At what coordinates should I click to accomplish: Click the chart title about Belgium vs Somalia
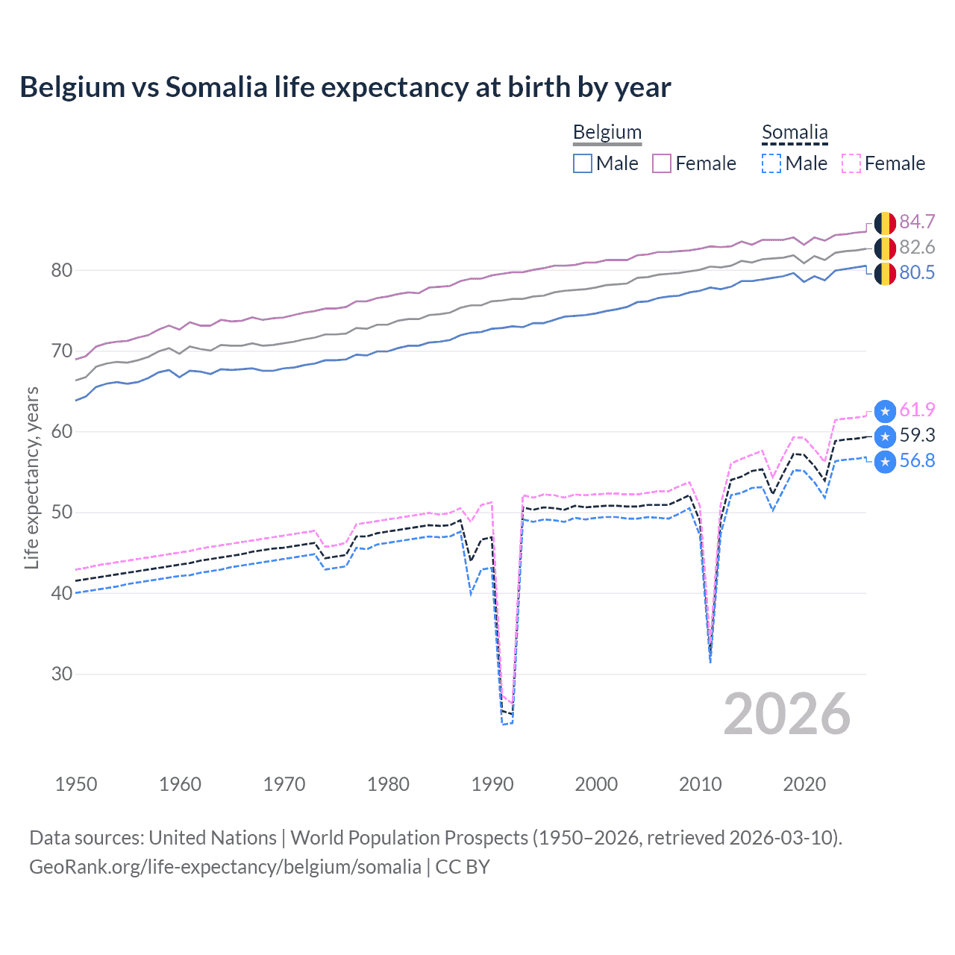click(345, 87)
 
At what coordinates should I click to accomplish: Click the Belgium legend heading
click(607, 132)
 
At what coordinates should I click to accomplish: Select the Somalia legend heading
click(795, 132)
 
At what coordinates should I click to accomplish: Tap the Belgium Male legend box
click(583, 163)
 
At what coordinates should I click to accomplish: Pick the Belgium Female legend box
click(662, 163)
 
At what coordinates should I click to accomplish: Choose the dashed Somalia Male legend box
click(771, 163)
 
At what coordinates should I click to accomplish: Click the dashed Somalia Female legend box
click(851, 163)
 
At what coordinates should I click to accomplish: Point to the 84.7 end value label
click(917, 222)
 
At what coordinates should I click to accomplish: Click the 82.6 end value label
click(917, 247)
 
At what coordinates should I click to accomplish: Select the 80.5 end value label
click(917, 272)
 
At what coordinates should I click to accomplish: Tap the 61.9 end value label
click(917, 410)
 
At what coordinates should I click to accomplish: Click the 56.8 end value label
click(917, 460)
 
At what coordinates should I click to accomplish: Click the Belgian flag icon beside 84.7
click(885, 222)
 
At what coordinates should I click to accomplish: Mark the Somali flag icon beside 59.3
click(885, 436)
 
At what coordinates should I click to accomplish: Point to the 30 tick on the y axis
click(61, 674)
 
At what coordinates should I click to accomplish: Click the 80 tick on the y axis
click(61, 270)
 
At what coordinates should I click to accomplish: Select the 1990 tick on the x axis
click(492, 784)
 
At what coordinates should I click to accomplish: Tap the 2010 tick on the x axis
click(700, 784)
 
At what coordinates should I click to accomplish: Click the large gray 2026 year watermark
click(786, 714)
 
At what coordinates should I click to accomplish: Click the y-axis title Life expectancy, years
click(31, 477)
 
